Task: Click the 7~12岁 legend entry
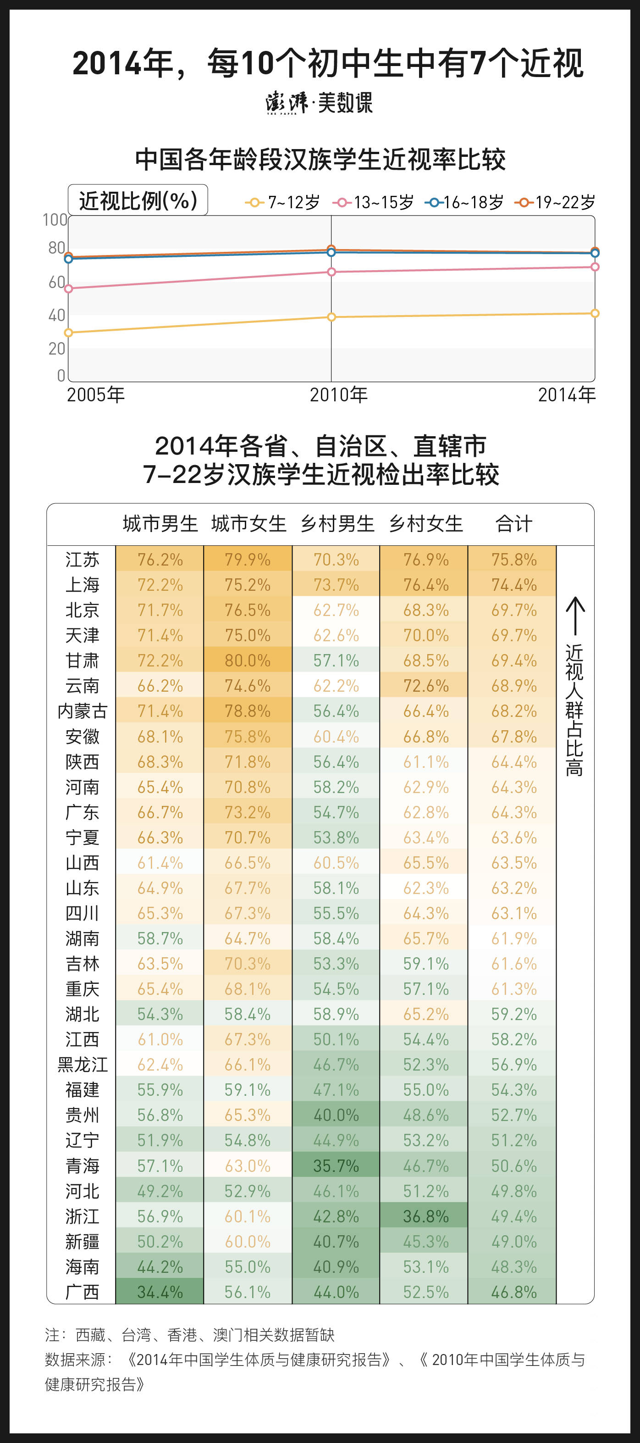pyautogui.click(x=283, y=202)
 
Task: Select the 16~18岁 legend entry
pyautogui.click(x=464, y=202)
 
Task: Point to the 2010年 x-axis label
pyautogui.click(x=339, y=395)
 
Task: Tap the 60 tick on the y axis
pyautogui.click(x=56, y=282)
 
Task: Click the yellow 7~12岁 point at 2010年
pyautogui.click(x=331, y=317)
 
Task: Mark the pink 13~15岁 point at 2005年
pyautogui.click(x=68, y=289)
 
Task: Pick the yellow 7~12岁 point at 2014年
pyautogui.click(x=595, y=313)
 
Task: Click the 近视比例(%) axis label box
pyautogui.click(x=138, y=200)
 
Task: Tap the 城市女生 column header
pyautogui.click(x=248, y=524)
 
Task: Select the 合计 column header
pyautogui.click(x=513, y=524)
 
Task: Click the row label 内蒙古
pyautogui.click(x=83, y=711)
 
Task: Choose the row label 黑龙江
pyautogui.click(x=83, y=1064)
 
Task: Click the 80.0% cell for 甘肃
pyautogui.click(x=248, y=660)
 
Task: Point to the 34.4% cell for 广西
pyautogui.click(x=160, y=1292)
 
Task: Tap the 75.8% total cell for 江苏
pyautogui.click(x=513, y=560)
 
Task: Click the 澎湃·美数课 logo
pyautogui.click(x=319, y=102)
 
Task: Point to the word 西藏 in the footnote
pyautogui.click(x=91, y=1335)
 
